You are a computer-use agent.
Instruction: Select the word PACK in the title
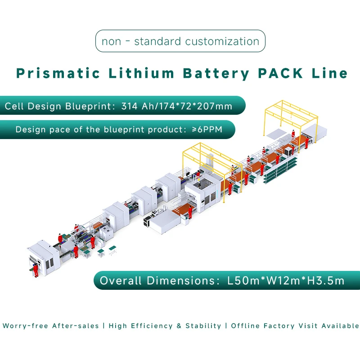pos(280,73)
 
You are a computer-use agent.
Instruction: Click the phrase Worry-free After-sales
pos(51,326)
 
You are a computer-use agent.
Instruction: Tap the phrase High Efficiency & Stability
pos(165,326)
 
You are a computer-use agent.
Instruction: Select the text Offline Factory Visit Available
pos(295,326)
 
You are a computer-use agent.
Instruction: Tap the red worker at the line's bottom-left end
pos(36,270)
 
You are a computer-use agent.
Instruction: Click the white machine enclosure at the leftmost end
pos(43,256)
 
